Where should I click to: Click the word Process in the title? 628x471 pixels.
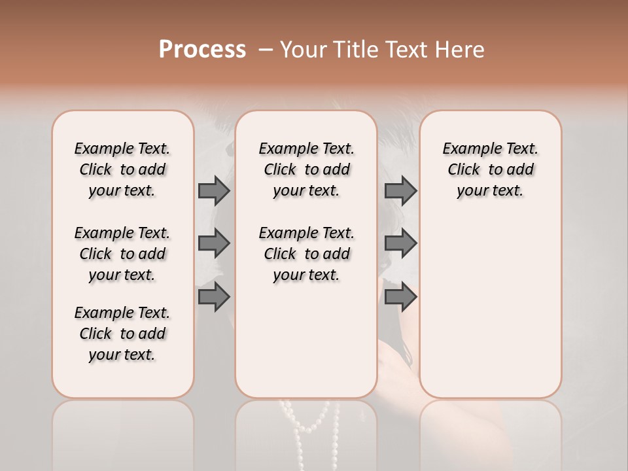[202, 49]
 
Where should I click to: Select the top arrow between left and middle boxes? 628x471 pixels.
[214, 190]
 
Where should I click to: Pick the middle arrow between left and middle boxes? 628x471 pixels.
[214, 243]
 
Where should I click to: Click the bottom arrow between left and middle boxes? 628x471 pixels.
[214, 297]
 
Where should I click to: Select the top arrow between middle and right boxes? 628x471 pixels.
[400, 190]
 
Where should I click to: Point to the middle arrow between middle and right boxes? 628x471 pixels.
[400, 243]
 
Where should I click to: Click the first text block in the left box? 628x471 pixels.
[122, 169]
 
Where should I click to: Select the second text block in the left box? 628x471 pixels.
[122, 254]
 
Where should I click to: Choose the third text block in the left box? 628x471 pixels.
[122, 334]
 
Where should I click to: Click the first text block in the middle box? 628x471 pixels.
[307, 169]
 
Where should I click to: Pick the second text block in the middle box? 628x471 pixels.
[307, 254]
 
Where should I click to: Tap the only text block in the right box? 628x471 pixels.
[491, 169]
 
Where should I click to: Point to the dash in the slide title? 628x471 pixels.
[266, 50]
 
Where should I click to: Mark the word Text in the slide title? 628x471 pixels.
[406, 50]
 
